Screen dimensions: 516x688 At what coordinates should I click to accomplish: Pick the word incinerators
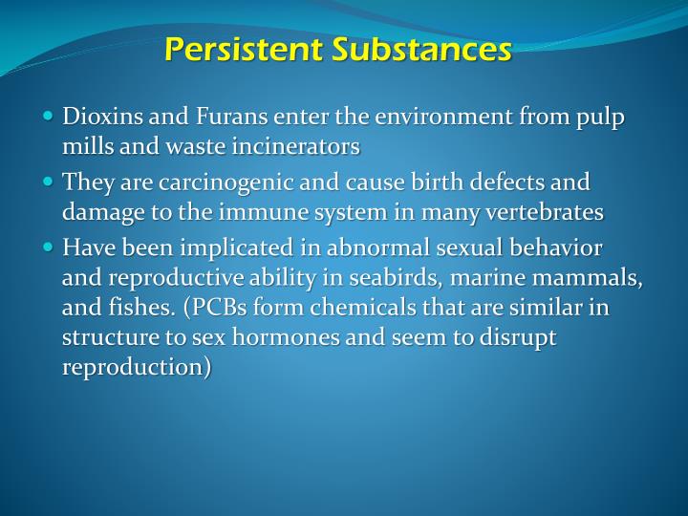[293, 146]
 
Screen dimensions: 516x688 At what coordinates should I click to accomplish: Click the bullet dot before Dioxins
[50, 118]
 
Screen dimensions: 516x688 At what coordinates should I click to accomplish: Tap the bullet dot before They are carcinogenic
[50, 182]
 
